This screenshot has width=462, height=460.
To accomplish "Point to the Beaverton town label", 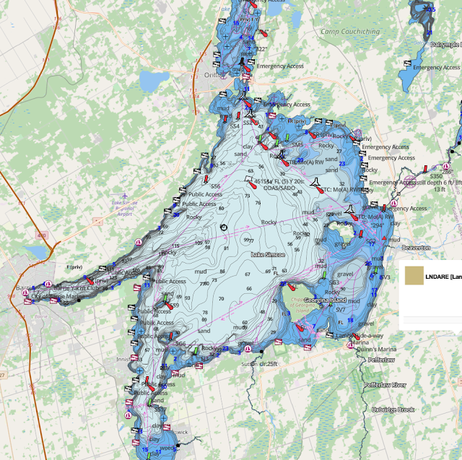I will click(414, 247).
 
